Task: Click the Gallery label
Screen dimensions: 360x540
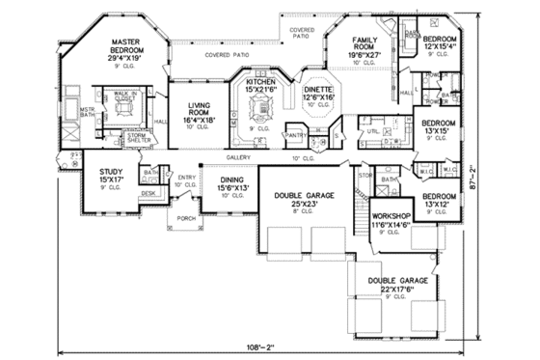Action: pos(238,156)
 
